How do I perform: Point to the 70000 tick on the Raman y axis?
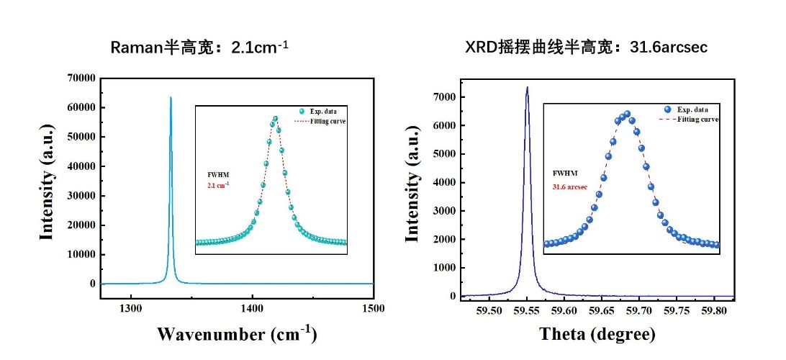(81, 78)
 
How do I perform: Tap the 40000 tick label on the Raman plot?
(81, 166)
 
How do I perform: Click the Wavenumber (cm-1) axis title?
(237, 334)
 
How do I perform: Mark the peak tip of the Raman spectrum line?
(171, 97)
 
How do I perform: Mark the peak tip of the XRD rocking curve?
(527, 88)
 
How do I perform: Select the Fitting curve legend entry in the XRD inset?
(697, 119)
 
